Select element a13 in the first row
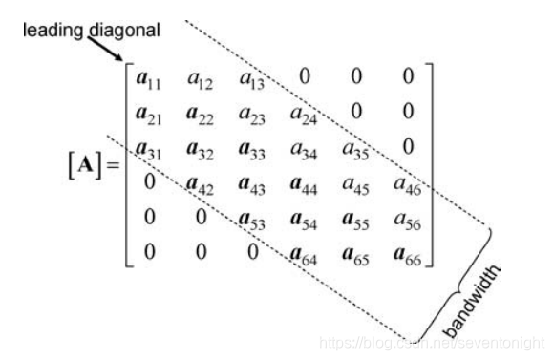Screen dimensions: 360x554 pyautogui.click(x=249, y=78)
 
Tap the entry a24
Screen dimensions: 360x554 pyautogui.click(x=303, y=115)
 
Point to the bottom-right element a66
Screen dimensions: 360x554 pyautogui.click(x=409, y=255)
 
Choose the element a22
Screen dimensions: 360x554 pyautogui.click(x=199, y=115)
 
